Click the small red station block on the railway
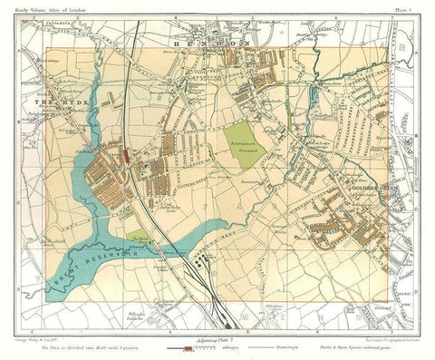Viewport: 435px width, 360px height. (x=128, y=155)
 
